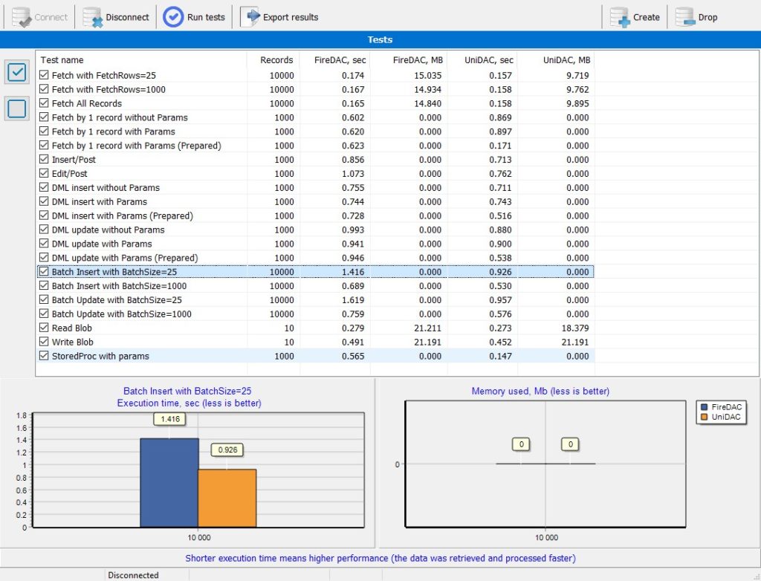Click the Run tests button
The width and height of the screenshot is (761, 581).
[194, 17]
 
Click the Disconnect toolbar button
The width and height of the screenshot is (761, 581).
[116, 17]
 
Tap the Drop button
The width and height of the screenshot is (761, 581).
[696, 17]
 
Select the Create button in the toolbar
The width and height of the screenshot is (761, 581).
[635, 17]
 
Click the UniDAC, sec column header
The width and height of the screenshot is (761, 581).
[489, 60]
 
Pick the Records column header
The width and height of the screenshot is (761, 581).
[276, 60]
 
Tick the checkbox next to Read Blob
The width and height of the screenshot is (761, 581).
[44, 328]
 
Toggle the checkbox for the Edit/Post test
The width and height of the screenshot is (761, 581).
[44, 173]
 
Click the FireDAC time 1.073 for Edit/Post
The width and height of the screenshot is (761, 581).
[353, 174]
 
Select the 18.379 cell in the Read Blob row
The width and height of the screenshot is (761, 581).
[575, 328]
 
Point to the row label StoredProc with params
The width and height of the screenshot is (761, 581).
[100, 357]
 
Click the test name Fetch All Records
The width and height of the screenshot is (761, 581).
[87, 103]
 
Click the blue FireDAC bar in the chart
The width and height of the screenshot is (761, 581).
[169, 482]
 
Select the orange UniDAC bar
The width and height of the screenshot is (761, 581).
[227, 498]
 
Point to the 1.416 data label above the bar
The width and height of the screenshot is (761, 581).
[170, 419]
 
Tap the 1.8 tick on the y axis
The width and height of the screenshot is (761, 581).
[22, 415]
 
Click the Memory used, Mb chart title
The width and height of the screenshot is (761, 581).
[540, 392]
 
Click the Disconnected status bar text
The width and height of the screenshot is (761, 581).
[133, 575]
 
